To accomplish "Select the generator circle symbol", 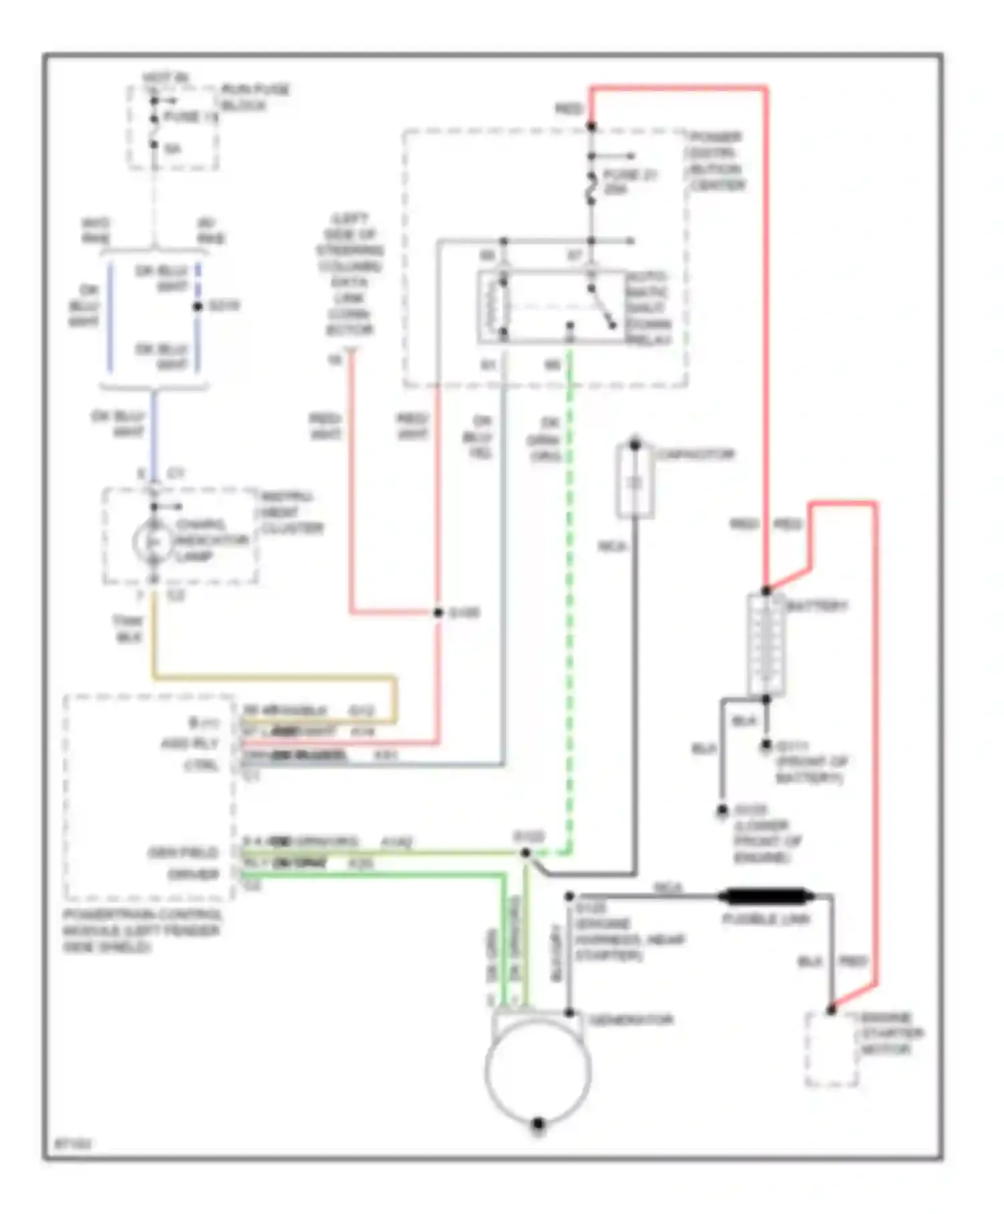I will coord(538,1071).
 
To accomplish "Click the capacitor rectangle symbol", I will coord(635,482).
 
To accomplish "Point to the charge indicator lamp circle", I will coord(153,541).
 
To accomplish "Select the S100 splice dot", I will coord(438,612).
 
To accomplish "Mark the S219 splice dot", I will coord(197,307).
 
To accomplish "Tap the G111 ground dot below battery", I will coord(766,745).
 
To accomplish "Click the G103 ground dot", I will coord(722,810).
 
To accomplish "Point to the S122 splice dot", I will coord(525,853).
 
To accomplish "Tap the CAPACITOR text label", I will coord(695,454).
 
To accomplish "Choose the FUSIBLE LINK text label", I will coord(766,919).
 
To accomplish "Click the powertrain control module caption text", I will coord(142,930).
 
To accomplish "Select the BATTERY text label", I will coord(817,606).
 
